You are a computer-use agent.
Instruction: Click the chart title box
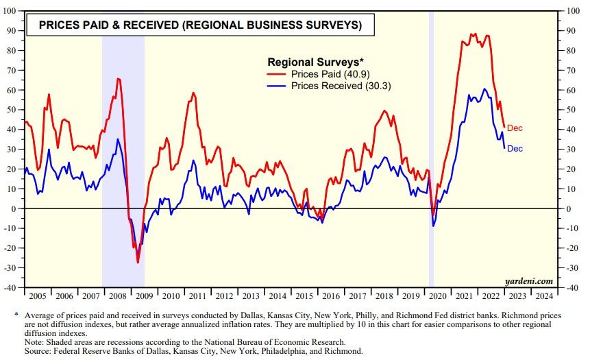click(x=200, y=26)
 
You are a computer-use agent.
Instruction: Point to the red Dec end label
click(x=515, y=128)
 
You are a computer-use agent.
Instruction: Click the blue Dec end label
click(x=515, y=148)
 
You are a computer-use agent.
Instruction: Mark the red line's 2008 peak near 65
click(x=118, y=79)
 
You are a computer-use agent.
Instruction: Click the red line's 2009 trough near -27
click(x=138, y=263)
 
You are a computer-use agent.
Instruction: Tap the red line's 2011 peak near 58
click(x=193, y=93)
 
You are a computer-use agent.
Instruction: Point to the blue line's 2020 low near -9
click(x=433, y=226)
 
